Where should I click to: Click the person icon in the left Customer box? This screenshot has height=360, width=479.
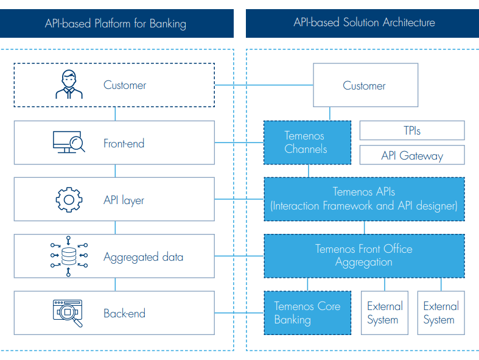click(x=68, y=85)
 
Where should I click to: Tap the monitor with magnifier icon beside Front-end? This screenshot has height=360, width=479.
click(x=68, y=143)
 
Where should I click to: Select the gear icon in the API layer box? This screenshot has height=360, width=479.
click(x=68, y=200)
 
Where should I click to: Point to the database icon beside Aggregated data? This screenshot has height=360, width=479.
click(x=68, y=256)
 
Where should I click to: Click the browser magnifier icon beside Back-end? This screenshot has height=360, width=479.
click(x=68, y=313)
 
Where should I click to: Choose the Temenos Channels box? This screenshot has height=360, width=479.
click(x=307, y=143)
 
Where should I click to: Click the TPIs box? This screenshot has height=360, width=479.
click(x=412, y=130)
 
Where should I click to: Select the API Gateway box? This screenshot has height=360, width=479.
click(x=412, y=155)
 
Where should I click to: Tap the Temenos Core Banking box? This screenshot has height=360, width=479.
click(x=307, y=313)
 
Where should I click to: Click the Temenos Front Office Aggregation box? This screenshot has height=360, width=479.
click(x=363, y=255)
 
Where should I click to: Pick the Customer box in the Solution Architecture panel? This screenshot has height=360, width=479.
click(x=364, y=86)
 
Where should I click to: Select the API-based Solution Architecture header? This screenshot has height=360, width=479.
click(x=364, y=23)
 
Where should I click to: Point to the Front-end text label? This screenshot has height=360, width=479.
click(x=124, y=144)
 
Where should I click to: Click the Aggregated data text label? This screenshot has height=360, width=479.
click(x=143, y=257)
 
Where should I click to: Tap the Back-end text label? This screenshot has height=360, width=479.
click(x=124, y=314)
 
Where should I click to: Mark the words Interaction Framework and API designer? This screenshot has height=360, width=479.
click(x=363, y=206)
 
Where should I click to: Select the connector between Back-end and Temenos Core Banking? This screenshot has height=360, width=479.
click(x=239, y=313)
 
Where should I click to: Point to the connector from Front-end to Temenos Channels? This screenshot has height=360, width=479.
click(x=239, y=143)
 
